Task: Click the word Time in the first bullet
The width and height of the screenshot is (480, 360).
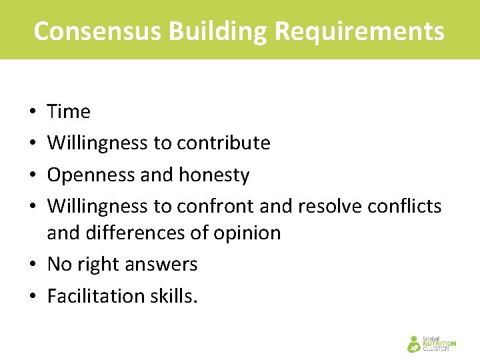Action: pyautogui.click(x=69, y=111)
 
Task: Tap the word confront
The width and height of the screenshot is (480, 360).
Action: pyautogui.click(x=216, y=206)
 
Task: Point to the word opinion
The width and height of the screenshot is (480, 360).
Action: pyautogui.click(x=247, y=233)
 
